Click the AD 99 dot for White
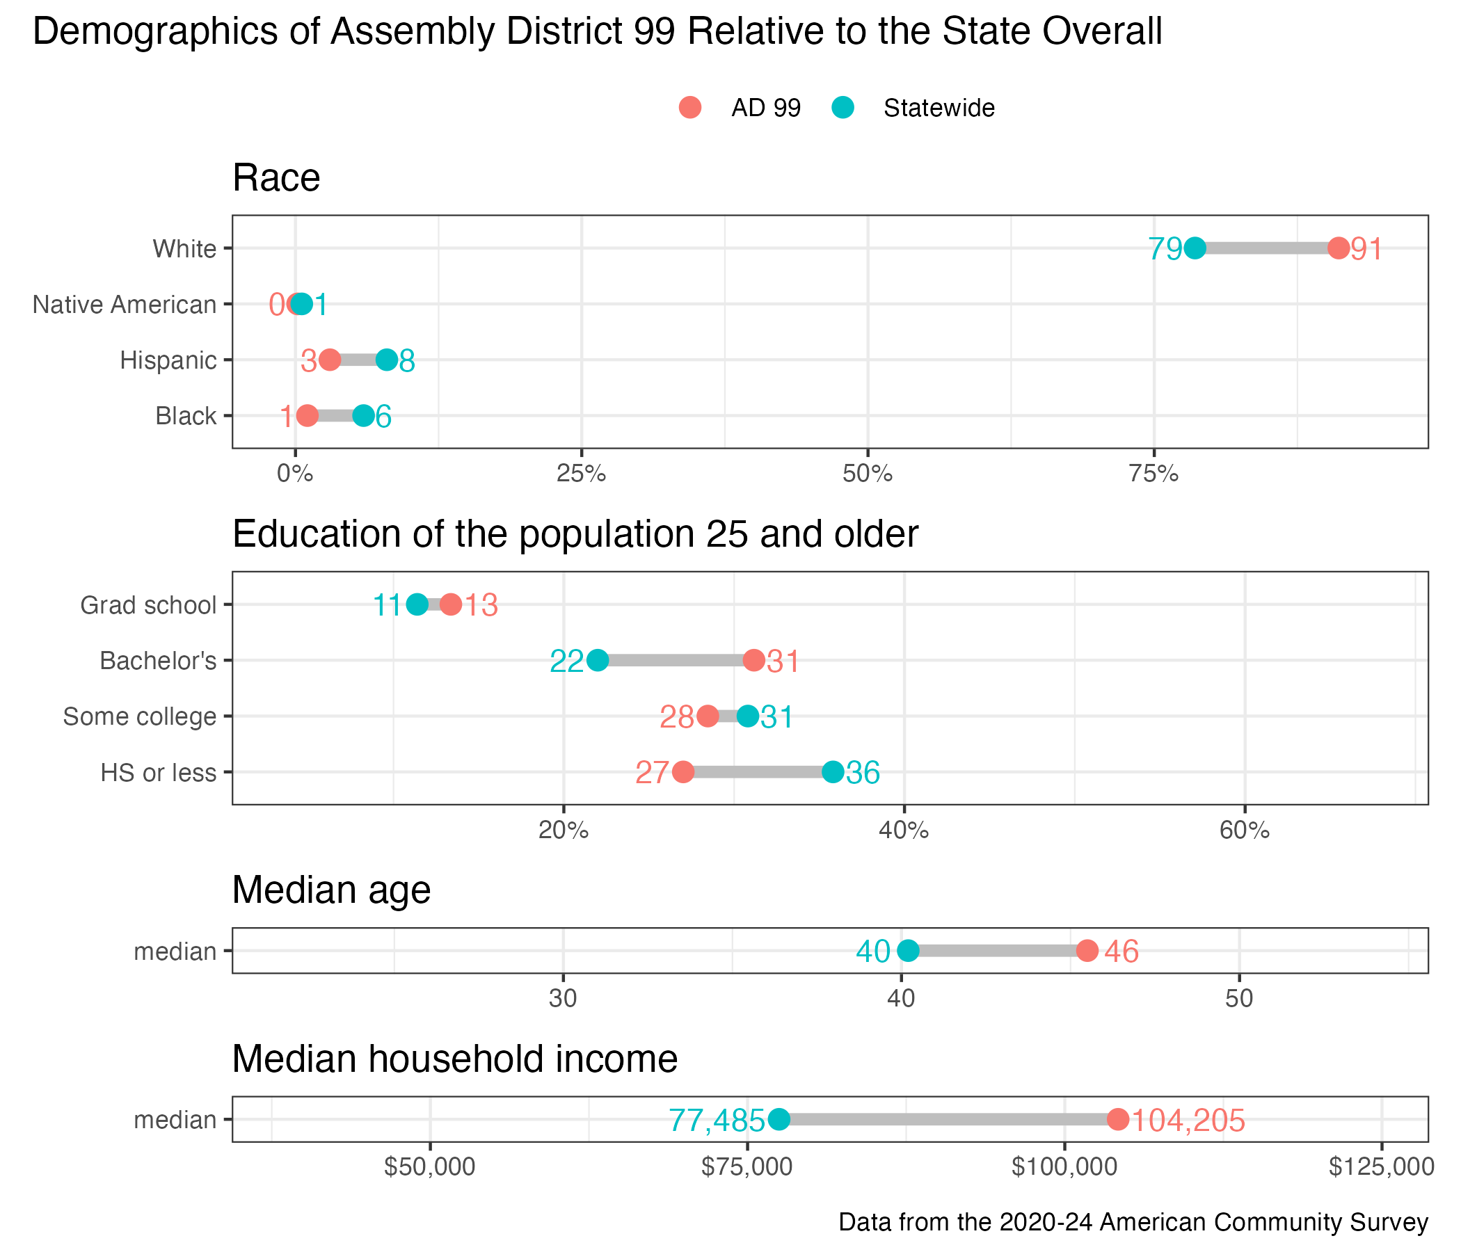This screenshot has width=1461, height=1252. (x=1338, y=248)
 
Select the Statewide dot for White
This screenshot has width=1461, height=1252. (x=1195, y=248)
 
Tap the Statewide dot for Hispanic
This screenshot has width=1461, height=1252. (x=386, y=360)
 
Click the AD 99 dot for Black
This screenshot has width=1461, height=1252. (x=307, y=416)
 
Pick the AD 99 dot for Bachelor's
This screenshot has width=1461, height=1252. (x=753, y=661)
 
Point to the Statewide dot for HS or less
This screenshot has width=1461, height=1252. (x=833, y=772)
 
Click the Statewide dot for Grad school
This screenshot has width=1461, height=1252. (x=417, y=605)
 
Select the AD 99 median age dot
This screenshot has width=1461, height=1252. (x=1087, y=951)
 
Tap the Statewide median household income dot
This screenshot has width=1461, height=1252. (x=779, y=1118)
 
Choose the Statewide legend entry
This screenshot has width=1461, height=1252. (x=939, y=108)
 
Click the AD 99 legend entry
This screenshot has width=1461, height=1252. (x=766, y=108)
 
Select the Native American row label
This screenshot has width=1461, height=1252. (x=125, y=305)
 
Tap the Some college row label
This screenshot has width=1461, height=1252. (x=140, y=716)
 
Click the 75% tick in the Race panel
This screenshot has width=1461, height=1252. (x=1153, y=474)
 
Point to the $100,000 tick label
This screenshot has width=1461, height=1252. (x=1064, y=1167)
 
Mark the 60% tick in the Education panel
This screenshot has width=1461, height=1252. (x=1245, y=830)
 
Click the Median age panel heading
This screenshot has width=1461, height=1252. (x=331, y=890)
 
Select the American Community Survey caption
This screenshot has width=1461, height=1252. (x=1133, y=1221)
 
